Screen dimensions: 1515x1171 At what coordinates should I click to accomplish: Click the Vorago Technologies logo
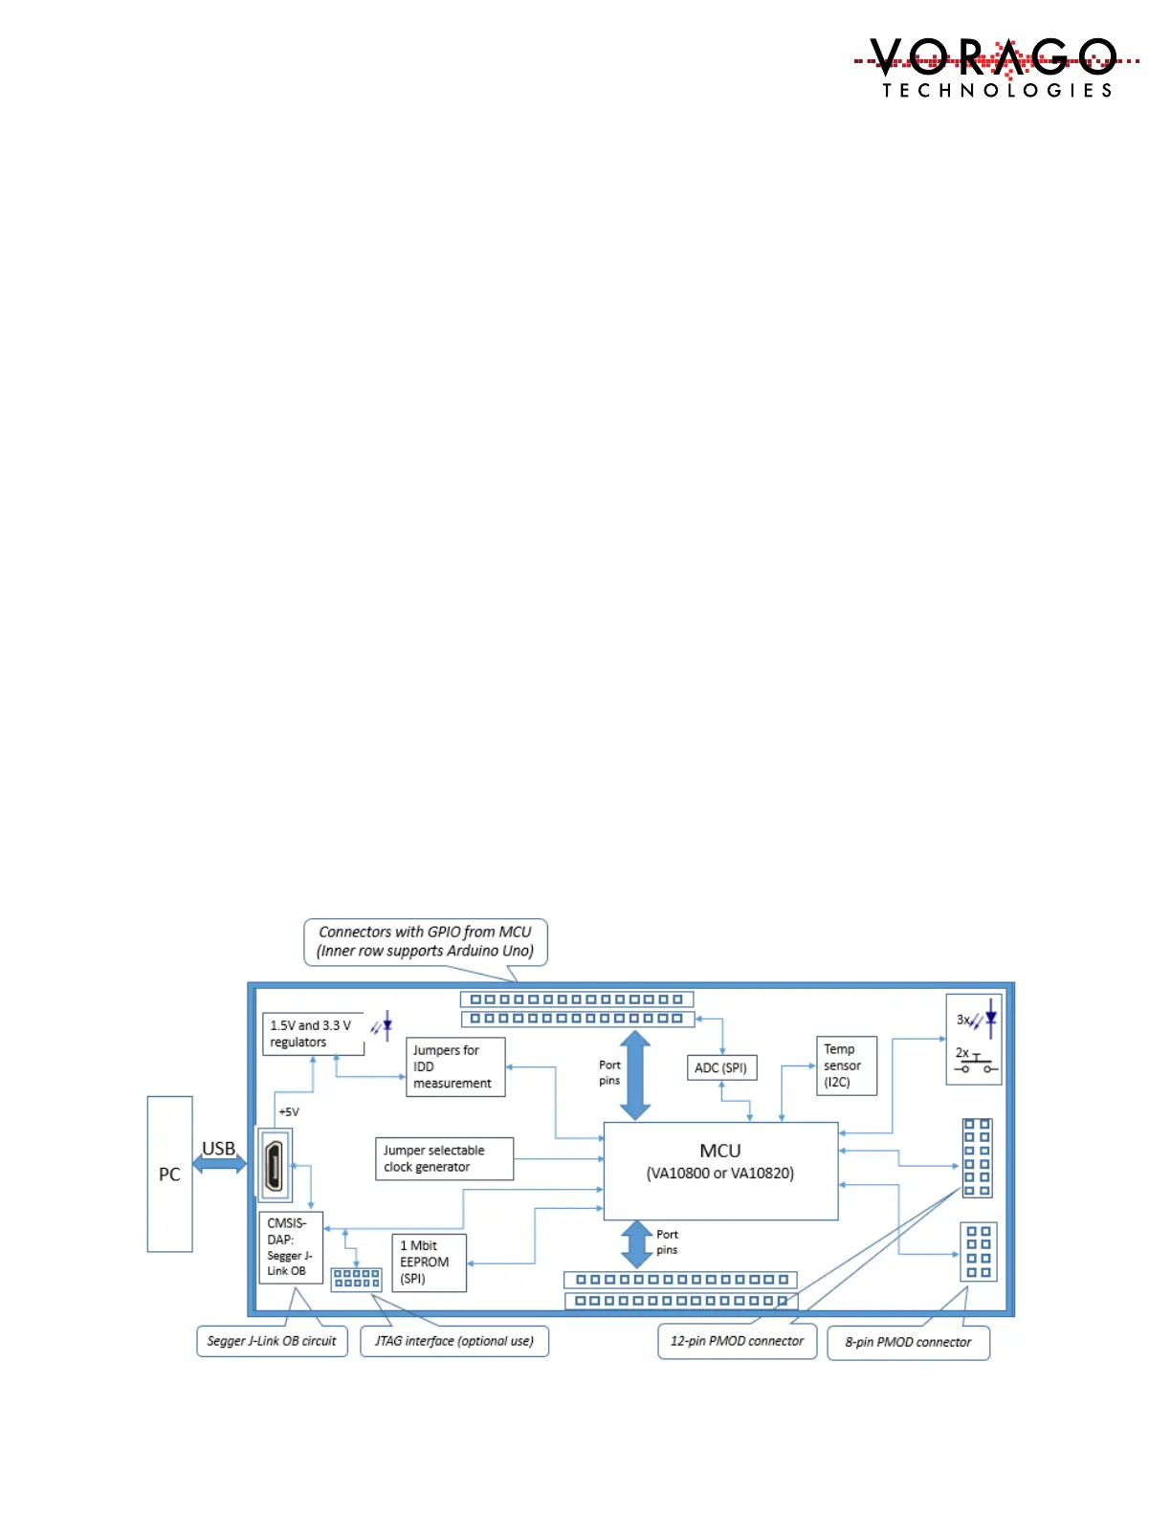coord(996,67)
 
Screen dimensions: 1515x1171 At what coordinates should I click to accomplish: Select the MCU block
coord(720,1171)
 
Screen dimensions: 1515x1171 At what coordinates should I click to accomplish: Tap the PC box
coord(169,1174)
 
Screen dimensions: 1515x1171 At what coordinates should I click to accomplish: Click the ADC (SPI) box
coord(721,1067)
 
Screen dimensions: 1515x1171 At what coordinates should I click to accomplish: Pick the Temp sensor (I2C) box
coord(846,1065)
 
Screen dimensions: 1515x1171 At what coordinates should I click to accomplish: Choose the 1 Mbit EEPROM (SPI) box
coord(429,1262)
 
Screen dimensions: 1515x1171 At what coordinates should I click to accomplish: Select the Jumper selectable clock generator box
coord(444,1158)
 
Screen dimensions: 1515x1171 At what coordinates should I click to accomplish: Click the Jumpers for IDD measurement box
coord(454,1066)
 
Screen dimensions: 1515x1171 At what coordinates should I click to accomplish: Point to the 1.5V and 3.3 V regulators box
coord(313,1034)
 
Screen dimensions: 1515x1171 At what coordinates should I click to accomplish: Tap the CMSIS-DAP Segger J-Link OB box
coord(290,1247)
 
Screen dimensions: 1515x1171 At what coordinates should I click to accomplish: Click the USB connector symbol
coord(274,1164)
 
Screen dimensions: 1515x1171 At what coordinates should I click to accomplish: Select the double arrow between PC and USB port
coord(220,1164)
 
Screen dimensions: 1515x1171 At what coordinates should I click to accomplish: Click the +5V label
coord(289,1111)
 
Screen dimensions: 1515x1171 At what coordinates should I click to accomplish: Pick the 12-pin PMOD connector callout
coord(737,1341)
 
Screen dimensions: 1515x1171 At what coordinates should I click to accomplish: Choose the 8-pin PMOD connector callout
coord(908,1342)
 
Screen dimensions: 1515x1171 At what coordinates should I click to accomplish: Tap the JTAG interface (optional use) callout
coord(454,1341)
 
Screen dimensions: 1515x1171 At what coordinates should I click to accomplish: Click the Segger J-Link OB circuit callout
coord(272,1341)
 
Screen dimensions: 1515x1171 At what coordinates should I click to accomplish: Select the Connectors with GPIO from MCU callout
coord(425,941)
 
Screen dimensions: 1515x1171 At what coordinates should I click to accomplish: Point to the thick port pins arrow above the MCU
coord(635,1075)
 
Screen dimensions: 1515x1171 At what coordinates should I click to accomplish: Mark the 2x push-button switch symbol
coord(976,1063)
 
